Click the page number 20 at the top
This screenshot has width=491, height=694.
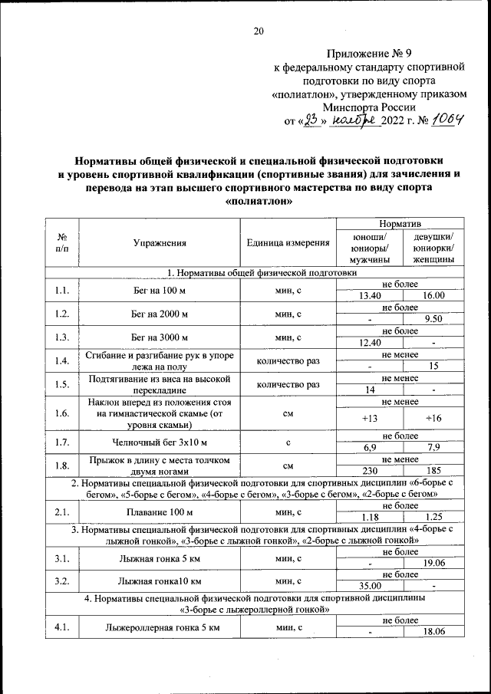click(x=259, y=31)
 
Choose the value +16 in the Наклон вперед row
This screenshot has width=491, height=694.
click(x=433, y=418)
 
